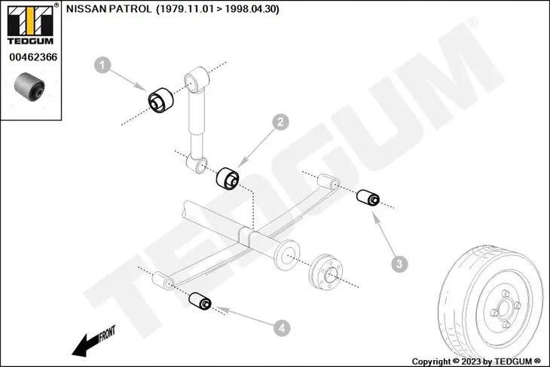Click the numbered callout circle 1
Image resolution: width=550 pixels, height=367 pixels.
[x=102, y=66]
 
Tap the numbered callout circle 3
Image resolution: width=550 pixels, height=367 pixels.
[x=400, y=263]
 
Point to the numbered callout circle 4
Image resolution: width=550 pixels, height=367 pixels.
[x=280, y=328]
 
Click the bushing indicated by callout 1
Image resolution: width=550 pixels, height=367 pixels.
[x=160, y=100]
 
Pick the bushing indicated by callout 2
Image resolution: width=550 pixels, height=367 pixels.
[x=228, y=179]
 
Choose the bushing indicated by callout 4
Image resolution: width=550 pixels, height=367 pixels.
[x=200, y=301]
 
